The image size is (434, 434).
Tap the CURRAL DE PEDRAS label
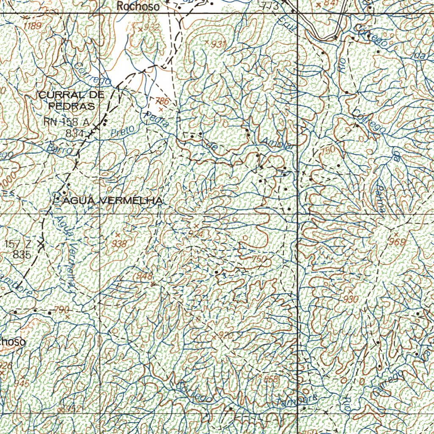[x=71, y=100]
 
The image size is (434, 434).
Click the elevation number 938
[x=120, y=243]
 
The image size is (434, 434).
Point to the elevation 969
[x=398, y=242]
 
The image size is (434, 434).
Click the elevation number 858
[x=270, y=379]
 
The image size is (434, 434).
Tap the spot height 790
[x=62, y=310]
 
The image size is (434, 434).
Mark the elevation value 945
[x=22, y=383]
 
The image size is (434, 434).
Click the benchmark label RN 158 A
[x=67, y=122]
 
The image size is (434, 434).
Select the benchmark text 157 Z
[x=19, y=244]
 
